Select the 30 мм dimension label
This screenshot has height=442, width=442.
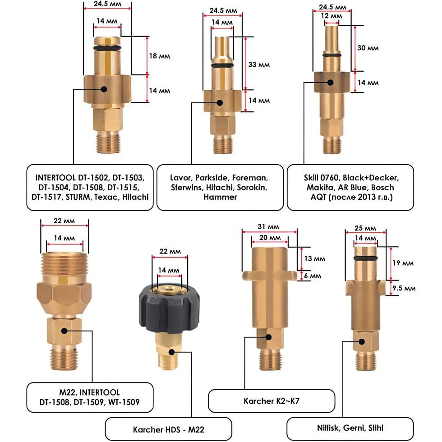368,48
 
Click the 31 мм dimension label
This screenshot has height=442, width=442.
269,226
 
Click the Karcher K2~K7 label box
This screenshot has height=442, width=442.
272,401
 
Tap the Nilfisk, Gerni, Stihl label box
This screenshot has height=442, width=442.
350,428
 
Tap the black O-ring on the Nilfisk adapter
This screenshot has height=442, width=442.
365,258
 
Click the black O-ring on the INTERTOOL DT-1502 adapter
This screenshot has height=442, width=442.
107,47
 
